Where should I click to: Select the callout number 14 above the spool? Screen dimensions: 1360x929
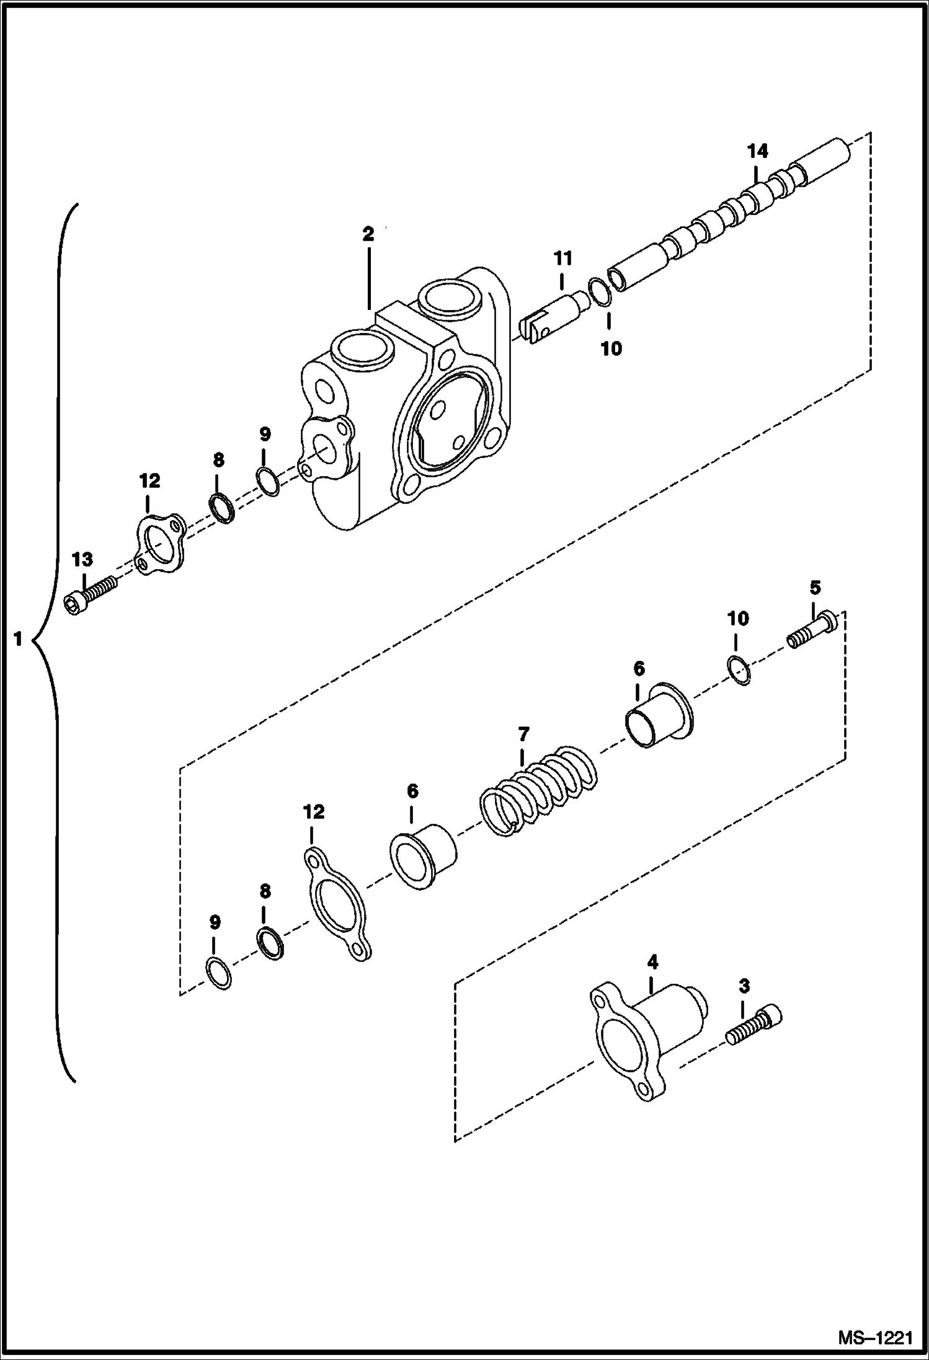pos(757,151)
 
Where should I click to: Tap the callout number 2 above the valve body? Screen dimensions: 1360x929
pos(368,234)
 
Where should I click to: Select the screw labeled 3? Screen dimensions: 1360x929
pos(754,1028)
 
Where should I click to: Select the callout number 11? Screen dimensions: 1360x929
pos(562,257)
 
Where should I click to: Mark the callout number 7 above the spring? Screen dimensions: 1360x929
pos(523,735)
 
